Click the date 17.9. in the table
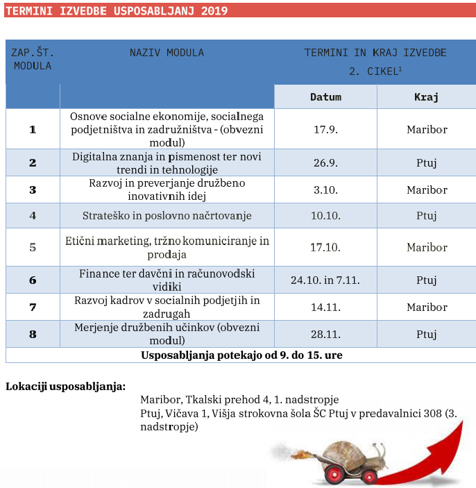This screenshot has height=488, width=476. point(325,129)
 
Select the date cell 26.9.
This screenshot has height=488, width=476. point(325,163)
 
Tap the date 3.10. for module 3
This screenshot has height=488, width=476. point(325,190)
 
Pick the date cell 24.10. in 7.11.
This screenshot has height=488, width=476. point(325,280)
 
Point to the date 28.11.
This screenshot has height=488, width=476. point(325,334)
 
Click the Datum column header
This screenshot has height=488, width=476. point(325,97)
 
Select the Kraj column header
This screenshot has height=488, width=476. point(426,97)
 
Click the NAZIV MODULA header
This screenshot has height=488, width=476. point(167,53)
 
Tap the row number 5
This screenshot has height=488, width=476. point(33,247)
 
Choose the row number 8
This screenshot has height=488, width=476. point(33,334)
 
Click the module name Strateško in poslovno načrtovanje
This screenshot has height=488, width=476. point(167,215)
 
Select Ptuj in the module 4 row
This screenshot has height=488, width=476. point(426,215)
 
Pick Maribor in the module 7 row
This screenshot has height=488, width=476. point(427,307)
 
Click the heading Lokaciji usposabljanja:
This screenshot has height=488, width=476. point(65,385)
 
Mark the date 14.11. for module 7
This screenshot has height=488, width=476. point(325,307)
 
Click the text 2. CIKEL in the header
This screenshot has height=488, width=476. point(373,71)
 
